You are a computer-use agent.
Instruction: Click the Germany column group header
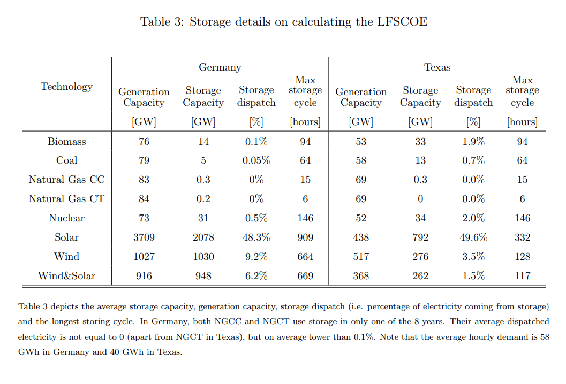[x=220, y=67]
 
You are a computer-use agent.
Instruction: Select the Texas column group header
[x=437, y=67]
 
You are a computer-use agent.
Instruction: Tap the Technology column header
[x=66, y=87]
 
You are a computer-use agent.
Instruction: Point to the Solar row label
[x=66, y=237]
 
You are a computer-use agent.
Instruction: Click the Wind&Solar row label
[x=66, y=276]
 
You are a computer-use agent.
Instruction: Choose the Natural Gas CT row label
[x=66, y=199]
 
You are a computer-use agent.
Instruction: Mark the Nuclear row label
[x=66, y=218]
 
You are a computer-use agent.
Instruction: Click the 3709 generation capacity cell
[x=144, y=237]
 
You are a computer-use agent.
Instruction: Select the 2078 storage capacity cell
[x=203, y=237]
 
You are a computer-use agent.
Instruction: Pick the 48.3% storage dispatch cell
[x=256, y=237]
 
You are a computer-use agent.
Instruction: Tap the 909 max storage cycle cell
[x=305, y=237]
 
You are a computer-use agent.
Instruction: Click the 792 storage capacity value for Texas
[x=420, y=237]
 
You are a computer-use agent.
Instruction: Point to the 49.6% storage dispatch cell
[x=473, y=237]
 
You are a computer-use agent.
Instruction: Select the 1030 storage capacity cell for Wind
[x=203, y=257]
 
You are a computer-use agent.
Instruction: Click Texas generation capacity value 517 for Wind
[x=361, y=257]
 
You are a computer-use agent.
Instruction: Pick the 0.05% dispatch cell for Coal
[x=256, y=160]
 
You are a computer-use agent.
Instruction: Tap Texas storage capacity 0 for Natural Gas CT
[x=420, y=199]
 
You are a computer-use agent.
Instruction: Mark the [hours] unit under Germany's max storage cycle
[x=305, y=122]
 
